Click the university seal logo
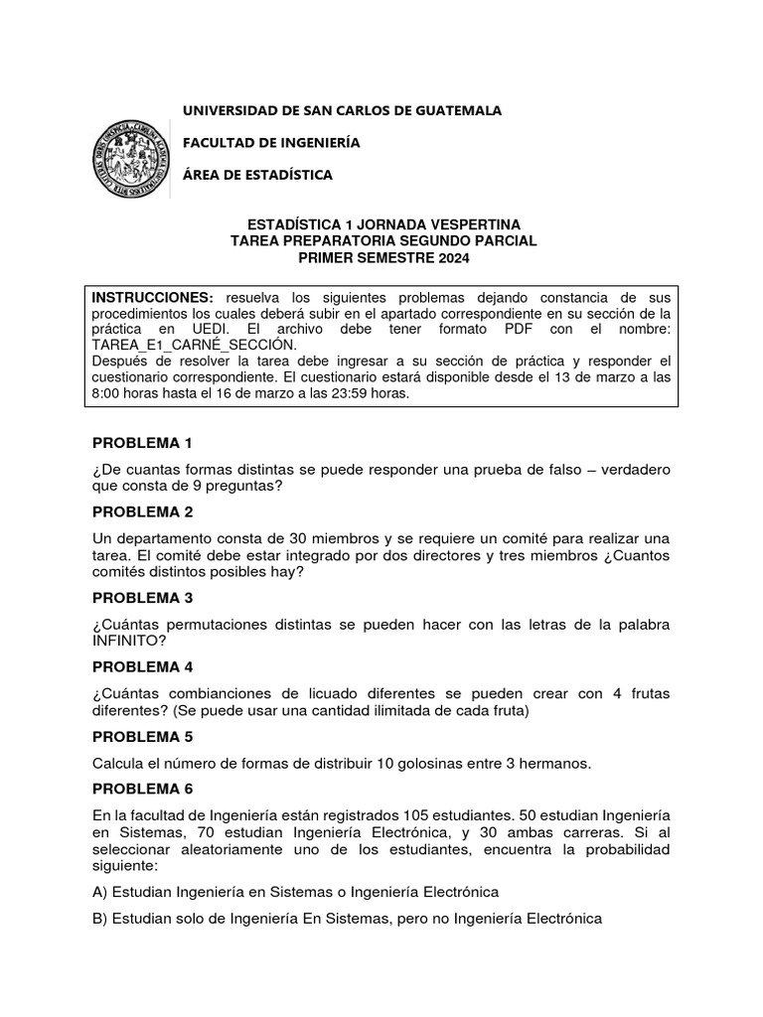coord(131,158)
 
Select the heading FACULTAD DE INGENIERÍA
coord(271,143)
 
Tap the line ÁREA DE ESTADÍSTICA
coord(257,175)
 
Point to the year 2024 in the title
coord(446,258)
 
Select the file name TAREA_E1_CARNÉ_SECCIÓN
coord(194,344)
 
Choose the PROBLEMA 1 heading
coord(142,443)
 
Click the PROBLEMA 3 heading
coord(142,598)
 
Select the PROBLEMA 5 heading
coord(142,737)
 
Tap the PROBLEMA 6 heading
coord(142,789)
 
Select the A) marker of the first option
coord(100,891)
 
